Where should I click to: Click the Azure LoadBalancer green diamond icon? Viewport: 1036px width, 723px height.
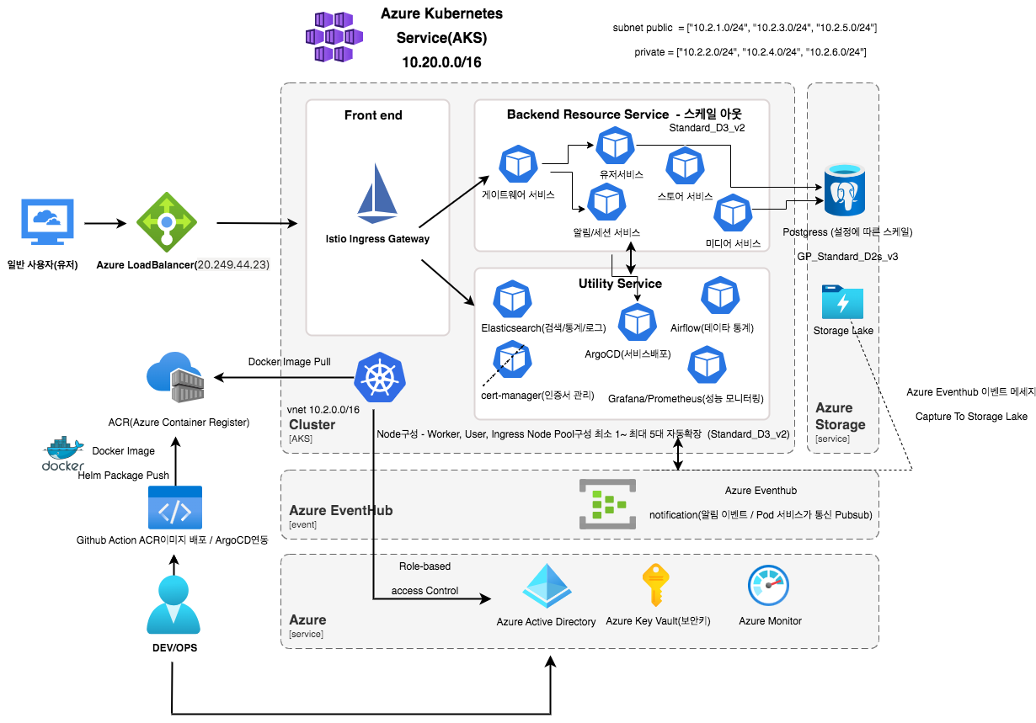167,222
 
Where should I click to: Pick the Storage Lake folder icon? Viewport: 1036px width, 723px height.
842,302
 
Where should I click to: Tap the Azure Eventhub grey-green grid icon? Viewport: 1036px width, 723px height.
607,504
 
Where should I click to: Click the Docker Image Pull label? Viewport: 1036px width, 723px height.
289,362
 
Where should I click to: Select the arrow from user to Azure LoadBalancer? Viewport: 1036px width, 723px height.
104,224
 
